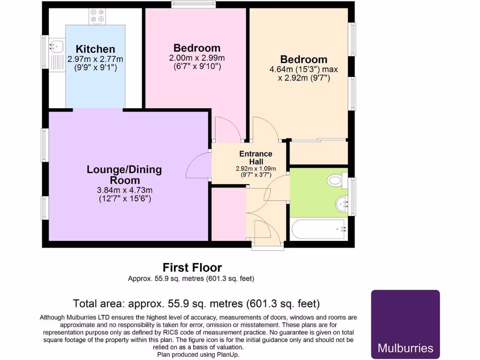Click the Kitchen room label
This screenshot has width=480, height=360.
pos(95,49)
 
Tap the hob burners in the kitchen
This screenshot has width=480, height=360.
pos(97,16)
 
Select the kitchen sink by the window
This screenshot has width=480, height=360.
pos(57,46)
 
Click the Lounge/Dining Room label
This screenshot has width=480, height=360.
pos(124,175)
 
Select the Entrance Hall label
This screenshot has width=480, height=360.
pos(255,157)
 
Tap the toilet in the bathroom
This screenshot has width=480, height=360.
pos(337,180)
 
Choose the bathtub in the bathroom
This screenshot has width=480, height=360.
pos(319,229)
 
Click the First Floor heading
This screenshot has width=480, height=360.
pos(192,267)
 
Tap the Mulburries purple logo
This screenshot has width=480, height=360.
pos(405,324)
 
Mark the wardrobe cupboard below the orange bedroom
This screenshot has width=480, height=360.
pos(318,152)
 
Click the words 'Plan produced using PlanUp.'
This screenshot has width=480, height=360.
pos(198,354)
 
